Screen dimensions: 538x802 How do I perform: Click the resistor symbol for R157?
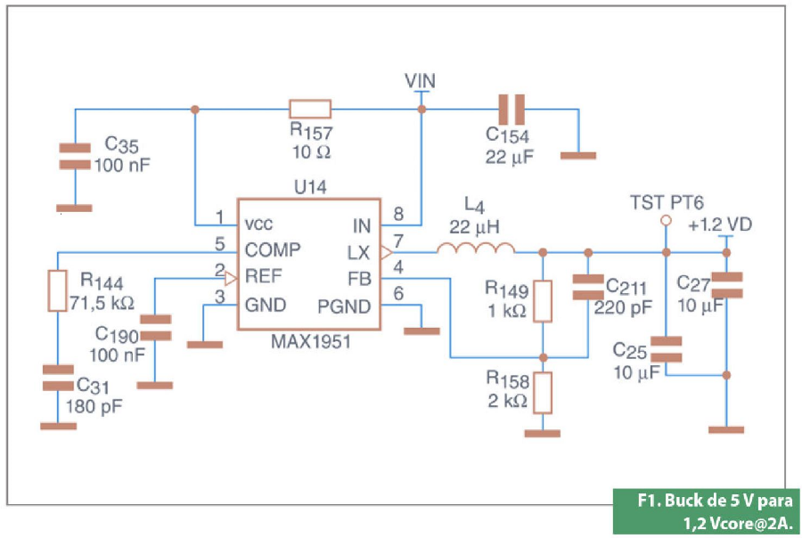[x=310, y=110]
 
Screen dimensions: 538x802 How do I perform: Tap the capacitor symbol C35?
[x=75, y=156]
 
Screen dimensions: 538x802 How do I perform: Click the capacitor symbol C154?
[x=511, y=110]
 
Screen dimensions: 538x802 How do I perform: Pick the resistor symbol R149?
[x=543, y=301]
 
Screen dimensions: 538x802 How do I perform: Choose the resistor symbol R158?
[x=543, y=391]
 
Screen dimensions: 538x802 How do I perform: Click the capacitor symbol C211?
[x=588, y=288]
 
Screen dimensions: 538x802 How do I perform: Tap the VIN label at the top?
[x=421, y=81]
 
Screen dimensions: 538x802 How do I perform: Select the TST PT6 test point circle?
[x=664, y=221]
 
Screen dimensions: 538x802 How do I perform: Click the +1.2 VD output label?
[x=720, y=225]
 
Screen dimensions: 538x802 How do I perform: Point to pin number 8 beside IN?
[x=398, y=215]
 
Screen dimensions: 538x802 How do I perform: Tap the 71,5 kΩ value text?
[x=102, y=303]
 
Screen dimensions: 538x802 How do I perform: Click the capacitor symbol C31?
[x=59, y=377]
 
